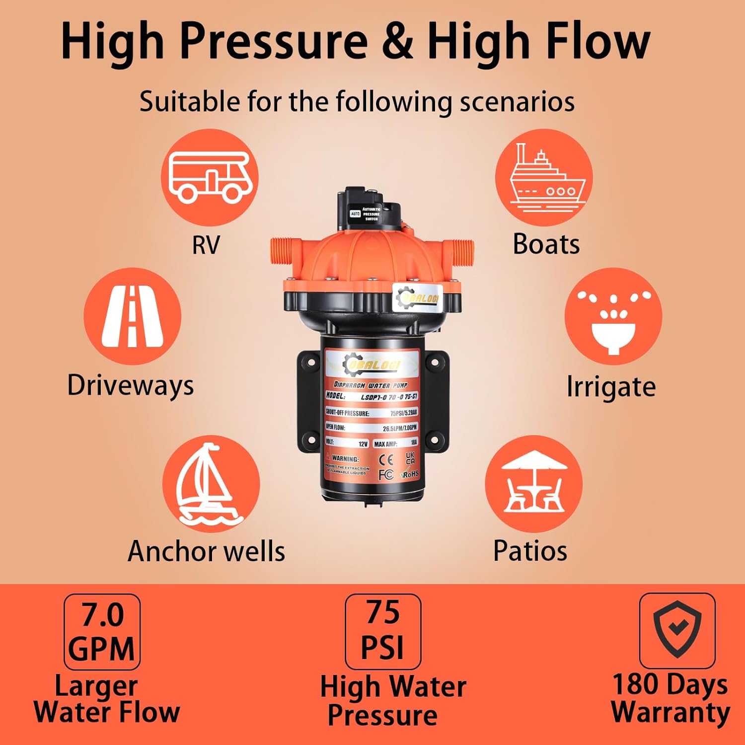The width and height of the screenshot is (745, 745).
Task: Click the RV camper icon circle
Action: tap(210, 177)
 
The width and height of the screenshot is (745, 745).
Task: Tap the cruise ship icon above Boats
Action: tap(544, 177)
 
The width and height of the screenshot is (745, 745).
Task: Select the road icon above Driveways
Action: tap(132, 316)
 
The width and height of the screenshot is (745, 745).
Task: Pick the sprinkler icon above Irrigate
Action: tap(613, 316)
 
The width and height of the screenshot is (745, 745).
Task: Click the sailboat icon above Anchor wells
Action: tap(211, 484)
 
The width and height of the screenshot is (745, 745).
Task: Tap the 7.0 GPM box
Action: tap(102, 632)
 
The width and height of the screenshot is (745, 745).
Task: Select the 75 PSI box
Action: tap(383, 631)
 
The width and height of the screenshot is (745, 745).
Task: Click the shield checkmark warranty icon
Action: tap(677, 630)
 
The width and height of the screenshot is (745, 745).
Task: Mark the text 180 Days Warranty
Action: tap(670, 698)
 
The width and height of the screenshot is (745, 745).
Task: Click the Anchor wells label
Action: tap(207, 551)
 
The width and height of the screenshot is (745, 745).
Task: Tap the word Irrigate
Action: tap(611, 387)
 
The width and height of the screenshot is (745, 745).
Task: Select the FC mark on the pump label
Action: tap(385, 475)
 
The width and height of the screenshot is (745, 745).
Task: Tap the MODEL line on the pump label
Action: tap(372, 396)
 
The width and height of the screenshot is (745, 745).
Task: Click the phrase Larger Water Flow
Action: tap(106, 699)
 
